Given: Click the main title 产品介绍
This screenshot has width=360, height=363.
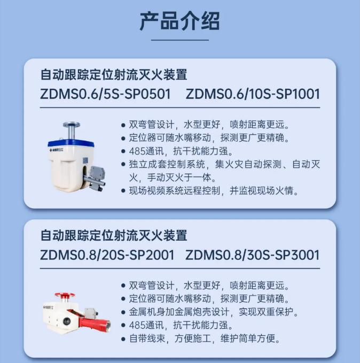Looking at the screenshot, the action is pos(179,21).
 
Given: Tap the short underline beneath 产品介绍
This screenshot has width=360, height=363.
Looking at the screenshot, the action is pos(180,40).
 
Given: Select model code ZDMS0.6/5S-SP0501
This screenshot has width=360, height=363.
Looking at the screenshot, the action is pos(105,94).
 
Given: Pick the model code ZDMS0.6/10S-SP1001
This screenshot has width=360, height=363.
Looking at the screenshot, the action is pos(253,94).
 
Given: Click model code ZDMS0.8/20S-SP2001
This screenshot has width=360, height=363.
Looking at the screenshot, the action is pos(107,255).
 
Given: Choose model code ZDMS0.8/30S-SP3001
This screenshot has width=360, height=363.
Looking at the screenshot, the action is pos(253,255).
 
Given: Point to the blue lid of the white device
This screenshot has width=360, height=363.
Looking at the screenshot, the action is pos(71,143).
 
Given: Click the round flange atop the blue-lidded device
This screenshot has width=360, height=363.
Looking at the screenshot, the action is pos(72,125).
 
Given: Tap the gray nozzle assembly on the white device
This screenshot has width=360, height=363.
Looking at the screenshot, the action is pos(95,178).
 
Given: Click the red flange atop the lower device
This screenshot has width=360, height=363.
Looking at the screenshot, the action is pos(65,295).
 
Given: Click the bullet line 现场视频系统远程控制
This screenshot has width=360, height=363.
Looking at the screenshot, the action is pos(210,191).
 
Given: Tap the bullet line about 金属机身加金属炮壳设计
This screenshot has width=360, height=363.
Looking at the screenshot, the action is pos(210,312).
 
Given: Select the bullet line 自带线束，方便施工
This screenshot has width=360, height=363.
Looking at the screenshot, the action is pos(201,338).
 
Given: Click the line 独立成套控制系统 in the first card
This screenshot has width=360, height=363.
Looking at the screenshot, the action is pos(221,171).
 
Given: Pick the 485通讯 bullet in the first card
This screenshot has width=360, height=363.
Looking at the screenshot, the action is pos(177,151).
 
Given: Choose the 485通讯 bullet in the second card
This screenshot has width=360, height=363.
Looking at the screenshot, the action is pos(177,325).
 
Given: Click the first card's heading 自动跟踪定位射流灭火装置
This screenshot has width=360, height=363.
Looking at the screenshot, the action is pos(114,74).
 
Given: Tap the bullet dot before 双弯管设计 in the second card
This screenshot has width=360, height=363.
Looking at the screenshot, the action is pos(123,285).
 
